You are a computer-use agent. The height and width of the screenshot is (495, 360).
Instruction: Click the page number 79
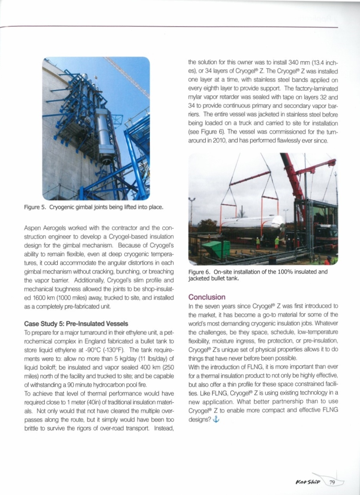click(x=332, y=483)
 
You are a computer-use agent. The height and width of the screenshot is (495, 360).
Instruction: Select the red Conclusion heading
click(x=207, y=297)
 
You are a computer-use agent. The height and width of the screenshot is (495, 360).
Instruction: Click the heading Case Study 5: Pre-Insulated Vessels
click(x=76, y=324)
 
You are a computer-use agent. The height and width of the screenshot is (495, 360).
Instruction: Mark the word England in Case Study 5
click(x=94, y=341)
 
